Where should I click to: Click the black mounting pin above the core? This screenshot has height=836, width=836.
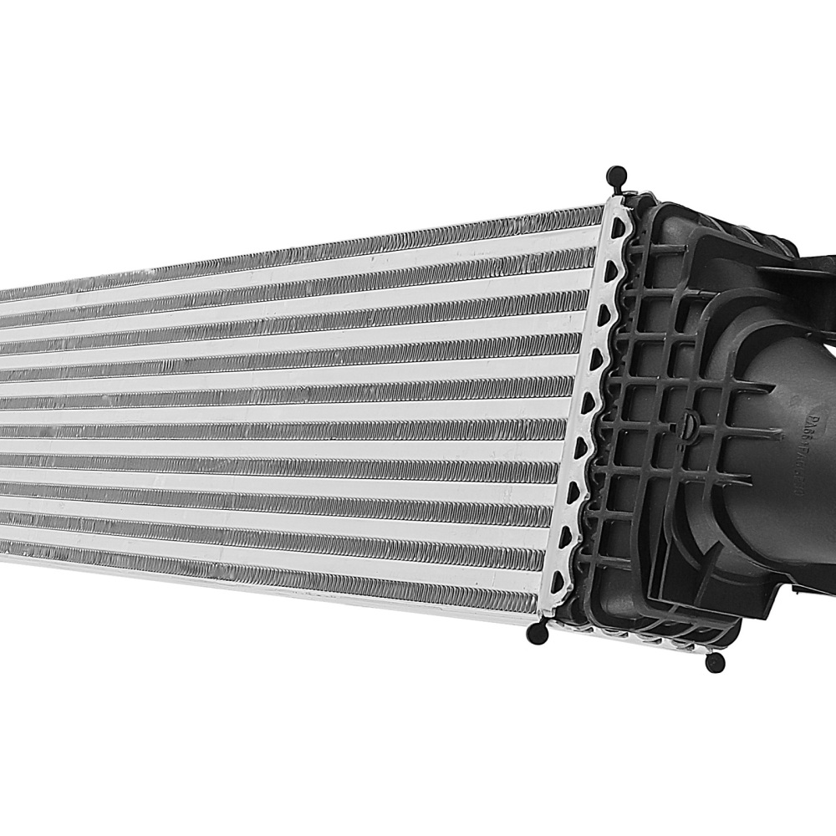click(x=617, y=176)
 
